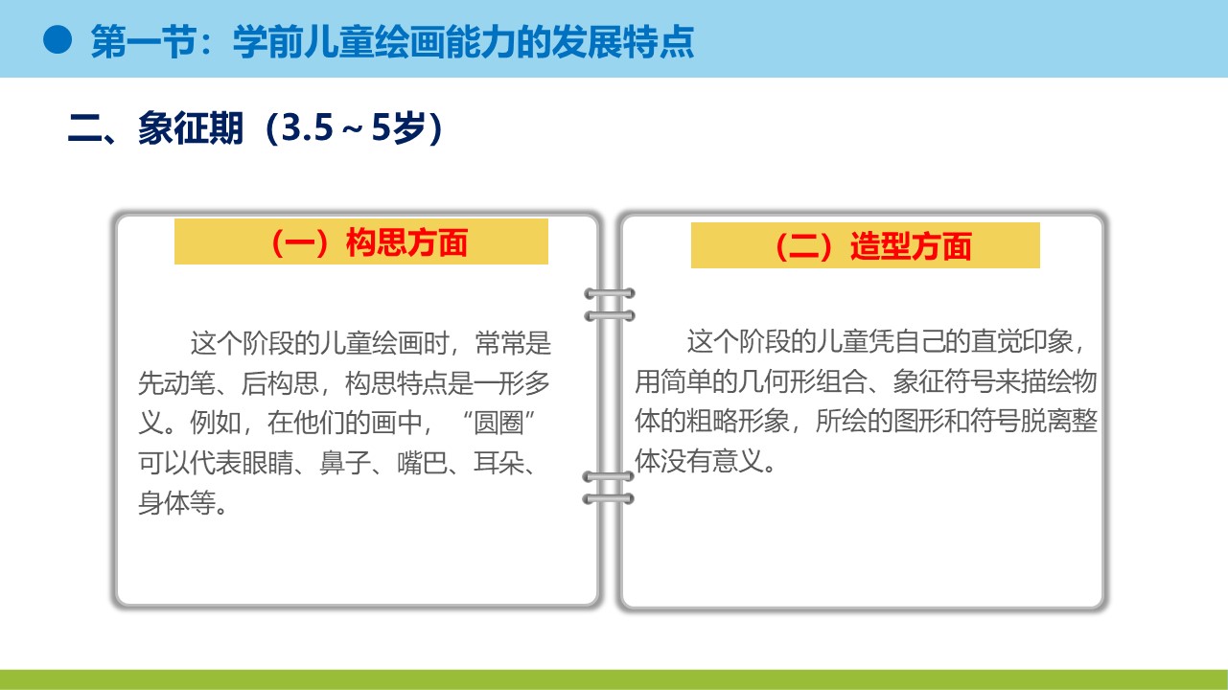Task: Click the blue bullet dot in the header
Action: point(58,40)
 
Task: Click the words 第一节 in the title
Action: point(144,41)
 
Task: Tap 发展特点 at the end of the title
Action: point(623,41)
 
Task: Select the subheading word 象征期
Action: point(191,128)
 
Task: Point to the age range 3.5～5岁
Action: point(353,128)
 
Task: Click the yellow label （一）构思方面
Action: point(361,241)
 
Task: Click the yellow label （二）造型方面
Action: point(865,245)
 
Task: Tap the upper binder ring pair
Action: point(610,305)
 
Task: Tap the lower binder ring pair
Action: point(609,487)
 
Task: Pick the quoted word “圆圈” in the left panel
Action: point(498,423)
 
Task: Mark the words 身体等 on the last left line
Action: point(176,503)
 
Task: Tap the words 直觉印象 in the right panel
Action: point(1022,341)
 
